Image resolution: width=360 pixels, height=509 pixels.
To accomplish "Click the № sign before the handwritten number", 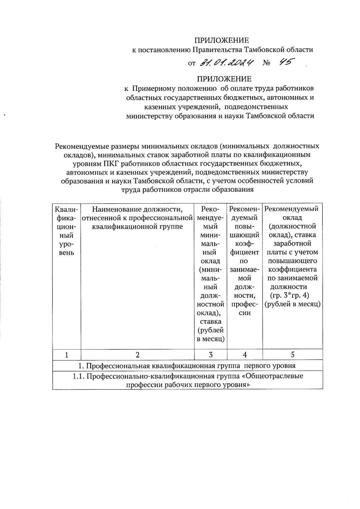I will pyautogui.click(x=266, y=63).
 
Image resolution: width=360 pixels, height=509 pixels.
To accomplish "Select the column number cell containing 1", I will pyautogui.click(x=66, y=355).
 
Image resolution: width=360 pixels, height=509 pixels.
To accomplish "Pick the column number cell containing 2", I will pyautogui.click(x=137, y=355).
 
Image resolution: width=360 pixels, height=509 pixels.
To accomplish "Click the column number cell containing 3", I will pyautogui.click(x=211, y=355).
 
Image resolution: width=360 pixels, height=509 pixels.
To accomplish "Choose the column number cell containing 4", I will pyautogui.click(x=245, y=355).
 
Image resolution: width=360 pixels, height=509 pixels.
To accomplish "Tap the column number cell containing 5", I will pyautogui.click(x=292, y=355).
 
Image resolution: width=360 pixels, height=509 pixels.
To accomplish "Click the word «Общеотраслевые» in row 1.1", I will pyautogui.click(x=274, y=376).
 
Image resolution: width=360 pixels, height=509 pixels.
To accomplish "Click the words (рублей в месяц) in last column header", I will pyautogui.click(x=292, y=304).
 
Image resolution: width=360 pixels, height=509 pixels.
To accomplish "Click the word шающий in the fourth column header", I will pyautogui.click(x=245, y=235).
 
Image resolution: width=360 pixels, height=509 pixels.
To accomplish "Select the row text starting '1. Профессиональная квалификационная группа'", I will pyautogui.click(x=187, y=366).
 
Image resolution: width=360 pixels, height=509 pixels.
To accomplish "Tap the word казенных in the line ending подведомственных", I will pyautogui.click(x=157, y=107).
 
